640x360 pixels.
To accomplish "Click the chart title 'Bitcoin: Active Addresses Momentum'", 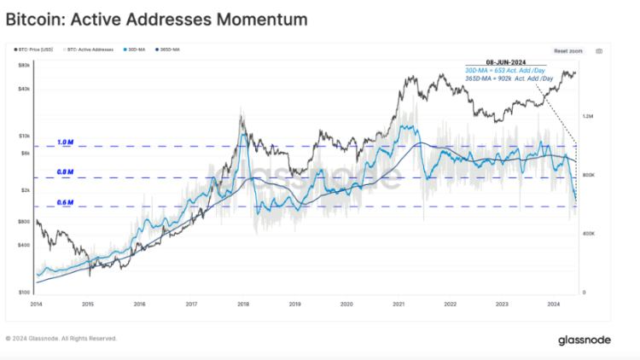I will [x=157, y=17].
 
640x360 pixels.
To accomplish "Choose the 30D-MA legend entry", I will [x=136, y=49].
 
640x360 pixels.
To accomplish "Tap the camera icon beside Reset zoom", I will [x=599, y=51].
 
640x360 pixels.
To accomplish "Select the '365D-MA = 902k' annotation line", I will [x=509, y=78].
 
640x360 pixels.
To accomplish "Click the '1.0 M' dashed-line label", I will [x=65, y=142].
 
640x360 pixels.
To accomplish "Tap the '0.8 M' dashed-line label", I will [x=65, y=171].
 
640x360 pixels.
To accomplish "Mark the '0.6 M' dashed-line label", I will [x=65, y=202].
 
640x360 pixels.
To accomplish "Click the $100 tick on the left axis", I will [x=25, y=292].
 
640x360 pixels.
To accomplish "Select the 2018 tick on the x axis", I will [x=243, y=303].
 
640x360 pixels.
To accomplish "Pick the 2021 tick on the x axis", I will [x=399, y=303].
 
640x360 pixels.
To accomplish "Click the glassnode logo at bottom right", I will [x=585, y=340].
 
